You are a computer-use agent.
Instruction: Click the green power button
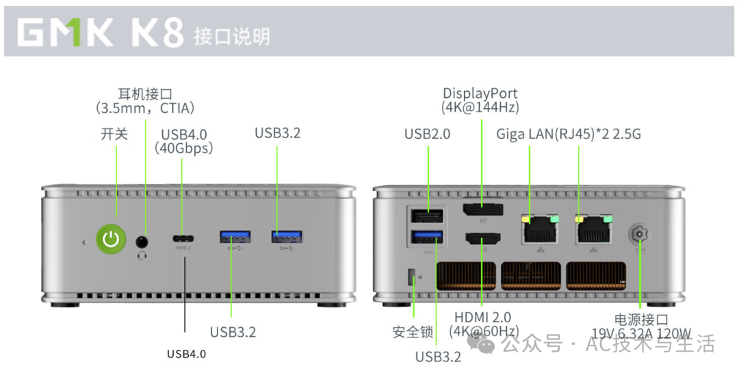click(111, 239)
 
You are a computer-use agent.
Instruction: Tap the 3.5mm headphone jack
click(143, 241)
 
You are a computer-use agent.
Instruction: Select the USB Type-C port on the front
click(183, 239)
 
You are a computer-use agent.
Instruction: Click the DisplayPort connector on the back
click(481, 210)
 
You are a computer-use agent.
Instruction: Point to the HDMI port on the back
click(482, 240)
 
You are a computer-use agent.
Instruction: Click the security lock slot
click(411, 277)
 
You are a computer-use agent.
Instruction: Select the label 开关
click(114, 134)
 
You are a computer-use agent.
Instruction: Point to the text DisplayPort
click(480, 94)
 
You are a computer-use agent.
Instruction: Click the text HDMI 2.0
click(482, 318)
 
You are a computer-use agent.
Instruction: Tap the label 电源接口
click(641, 320)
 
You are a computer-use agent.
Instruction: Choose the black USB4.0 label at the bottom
click(186, 354)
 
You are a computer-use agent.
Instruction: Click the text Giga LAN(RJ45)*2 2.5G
click(569, 133)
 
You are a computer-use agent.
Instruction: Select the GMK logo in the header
click(65, 33)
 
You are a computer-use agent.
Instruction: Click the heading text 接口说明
click(231, 36)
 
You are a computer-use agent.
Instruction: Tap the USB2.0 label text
click(428, 134)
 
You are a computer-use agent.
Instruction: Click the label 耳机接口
click(145, 94)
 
